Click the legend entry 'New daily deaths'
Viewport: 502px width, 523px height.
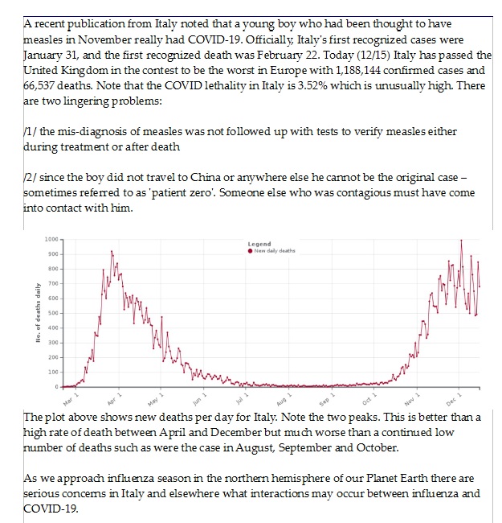275,250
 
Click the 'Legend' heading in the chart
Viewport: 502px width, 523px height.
259,244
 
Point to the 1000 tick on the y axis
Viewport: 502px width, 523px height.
53,239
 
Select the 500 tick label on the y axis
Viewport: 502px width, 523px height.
55,313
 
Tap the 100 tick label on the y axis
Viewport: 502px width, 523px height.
55,372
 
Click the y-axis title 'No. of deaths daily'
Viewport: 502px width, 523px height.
37,314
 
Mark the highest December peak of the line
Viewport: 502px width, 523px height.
461,240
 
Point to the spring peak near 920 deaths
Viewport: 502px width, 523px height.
112,251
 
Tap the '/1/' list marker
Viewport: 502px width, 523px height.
31,133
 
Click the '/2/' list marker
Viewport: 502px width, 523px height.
31,179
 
